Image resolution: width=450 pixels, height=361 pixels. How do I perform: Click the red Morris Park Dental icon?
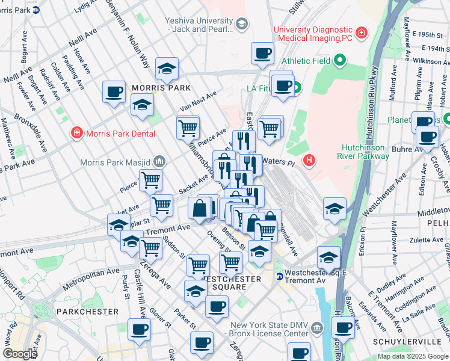pyautogui.click(x=76, y=132)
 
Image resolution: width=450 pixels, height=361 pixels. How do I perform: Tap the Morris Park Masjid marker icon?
pyautogui.click(x=159, y=161)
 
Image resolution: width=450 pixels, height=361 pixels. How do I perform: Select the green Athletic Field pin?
pyautogui.click(x=339, y=60)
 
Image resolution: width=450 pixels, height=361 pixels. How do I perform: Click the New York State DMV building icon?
pyautogui.click(x=318, y=327)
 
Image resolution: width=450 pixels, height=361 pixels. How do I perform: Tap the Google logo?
pyautogui.click(x=20, y=354)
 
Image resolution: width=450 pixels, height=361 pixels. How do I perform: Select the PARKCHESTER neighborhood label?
pyautogui.click(x=87, y=312)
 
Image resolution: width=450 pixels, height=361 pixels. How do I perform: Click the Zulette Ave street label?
pyautogui.click(x=426, y=239)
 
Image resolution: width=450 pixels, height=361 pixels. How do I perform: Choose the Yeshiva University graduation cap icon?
pyautogui.click(x=242, y=24)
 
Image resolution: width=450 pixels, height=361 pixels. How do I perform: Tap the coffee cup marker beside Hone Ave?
pyautogui.click(x=114, y=92)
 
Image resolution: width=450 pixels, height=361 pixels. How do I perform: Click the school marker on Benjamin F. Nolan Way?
pyautogui.click(x=167, y=69)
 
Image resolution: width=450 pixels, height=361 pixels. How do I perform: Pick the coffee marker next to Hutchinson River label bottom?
pyautogui.click(x=343, y=328)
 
